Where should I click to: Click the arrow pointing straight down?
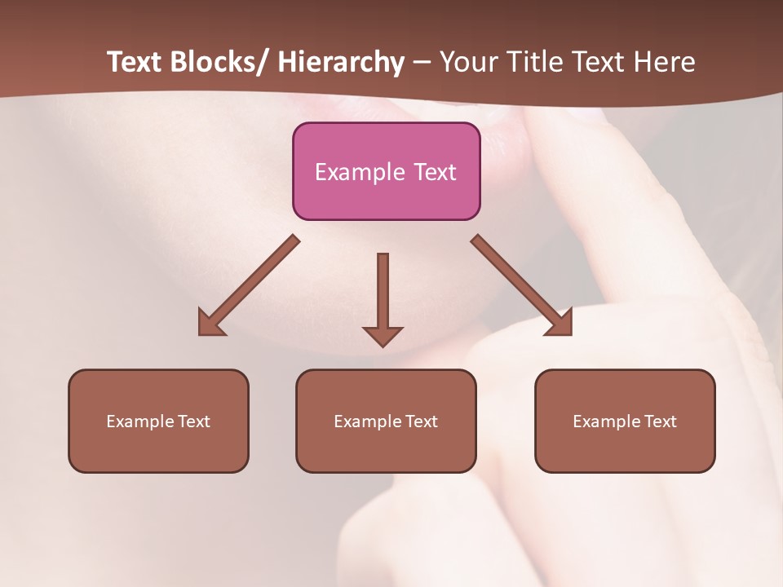pos(383,298)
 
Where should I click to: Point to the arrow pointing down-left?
pos(249,285)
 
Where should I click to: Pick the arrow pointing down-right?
pos(522,285)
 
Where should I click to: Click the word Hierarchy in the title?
pos(340,63)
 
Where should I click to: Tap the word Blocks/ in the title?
pos(214,63)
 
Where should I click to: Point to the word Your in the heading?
pos(469,63)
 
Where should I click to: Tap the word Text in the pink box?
pos(435,172)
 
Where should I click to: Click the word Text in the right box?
pos(660,421)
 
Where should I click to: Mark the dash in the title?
pos(422,63)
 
